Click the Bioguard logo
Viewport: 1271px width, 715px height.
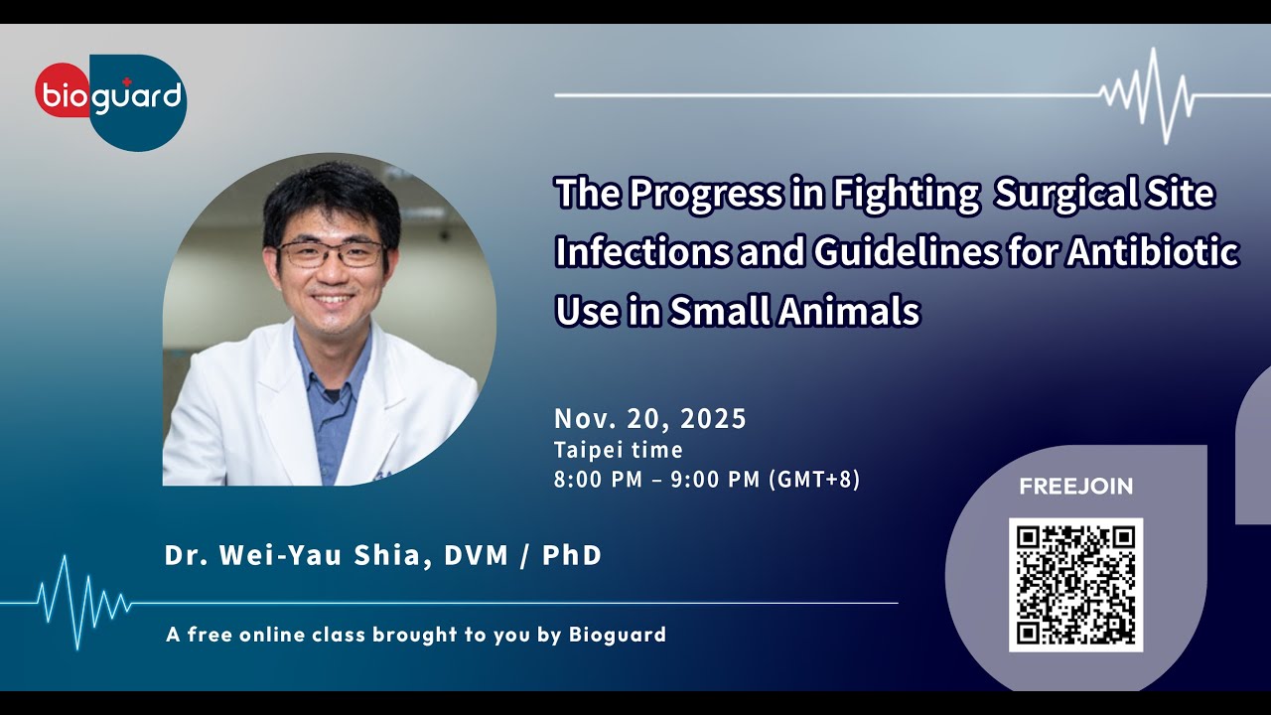[111, 99]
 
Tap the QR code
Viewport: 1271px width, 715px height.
[1075, 584]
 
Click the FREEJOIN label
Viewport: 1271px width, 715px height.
[1075, 487]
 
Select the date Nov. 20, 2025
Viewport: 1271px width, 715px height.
[649, 419]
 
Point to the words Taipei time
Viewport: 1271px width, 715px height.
[618, 451]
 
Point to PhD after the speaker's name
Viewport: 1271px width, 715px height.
[572, 555]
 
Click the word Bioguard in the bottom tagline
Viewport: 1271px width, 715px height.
[618, 635]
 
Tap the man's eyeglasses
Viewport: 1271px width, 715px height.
[331, 254]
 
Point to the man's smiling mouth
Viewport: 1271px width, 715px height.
[333, 298]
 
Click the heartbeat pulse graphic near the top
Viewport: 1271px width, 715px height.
[1152, 95]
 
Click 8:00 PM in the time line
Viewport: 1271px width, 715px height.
[592, 480]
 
